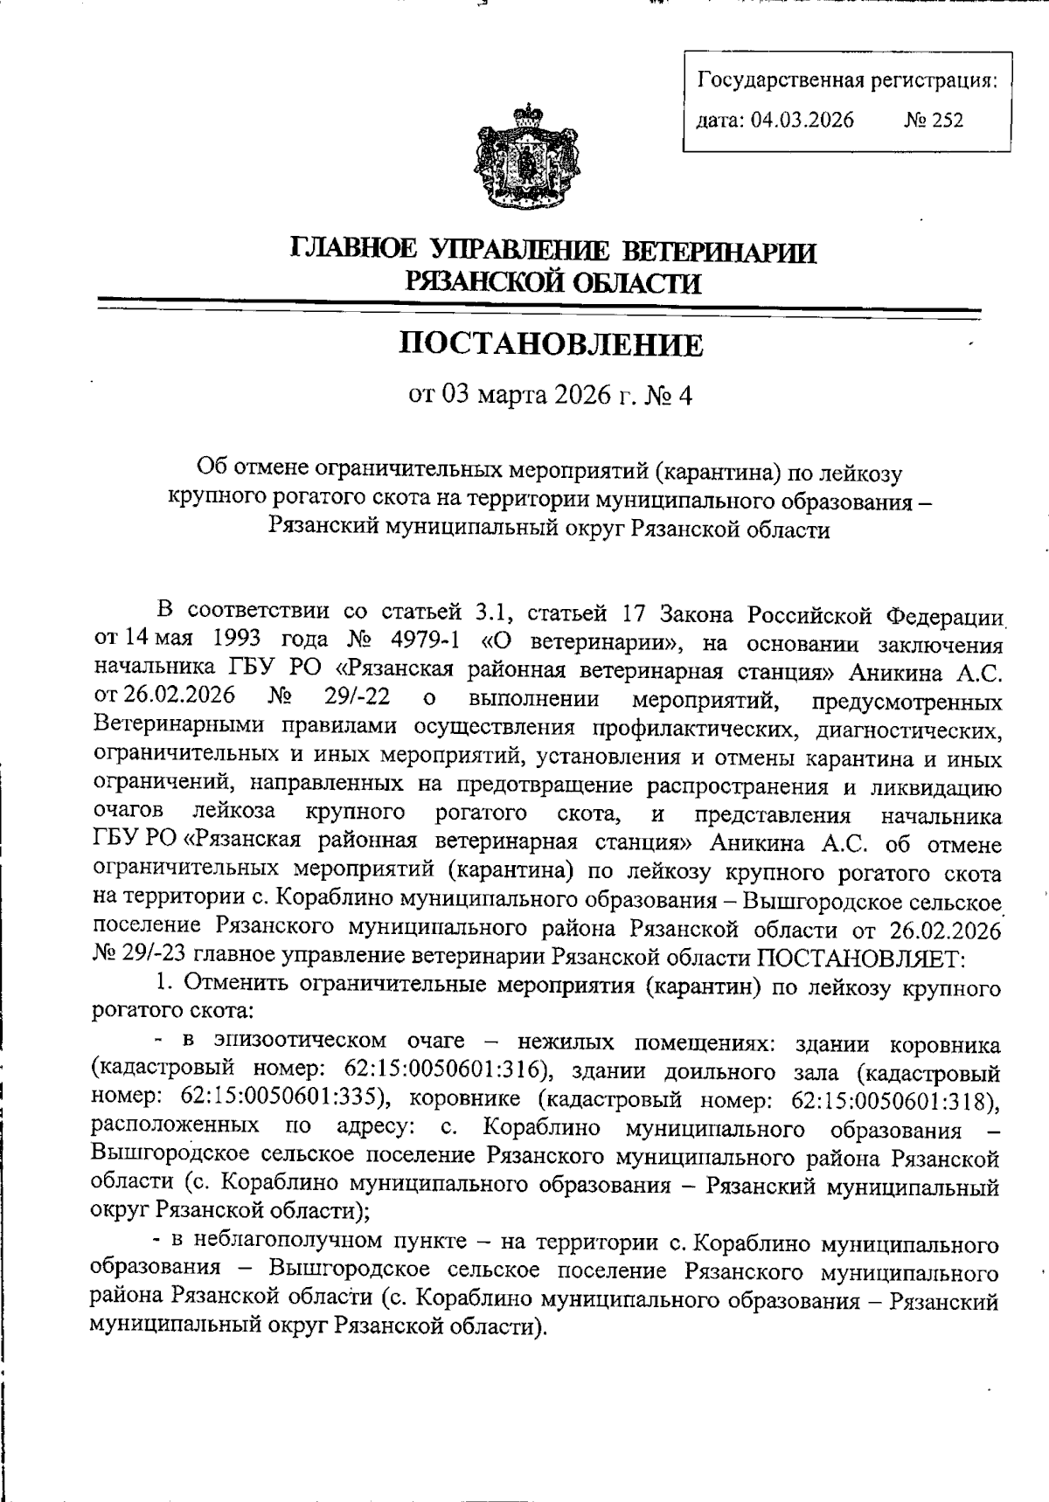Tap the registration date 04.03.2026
pyautogui.click(x=802, y=120)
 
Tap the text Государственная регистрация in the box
pyautogui.click(x=847, y=81)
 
